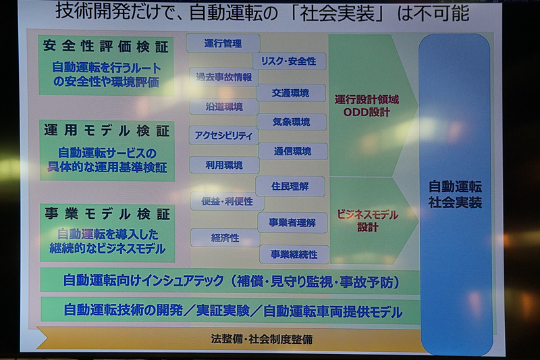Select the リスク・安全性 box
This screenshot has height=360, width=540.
[x=288, y=61]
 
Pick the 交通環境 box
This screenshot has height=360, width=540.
[x=291, y=93]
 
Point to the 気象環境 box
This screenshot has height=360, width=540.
[x=291, y=122]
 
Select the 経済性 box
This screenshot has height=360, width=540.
[x=225, y=238]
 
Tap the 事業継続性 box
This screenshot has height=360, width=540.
[x=293, y=254]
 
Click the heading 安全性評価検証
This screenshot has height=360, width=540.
[x=105, y=47]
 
